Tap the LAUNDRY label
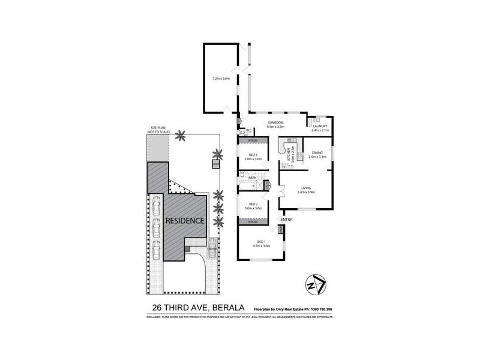(319, 127)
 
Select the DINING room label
(317, 152)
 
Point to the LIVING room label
(307, 188)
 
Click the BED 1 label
(262, 242)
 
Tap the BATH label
(253, 178)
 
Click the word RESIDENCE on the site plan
(185, 220)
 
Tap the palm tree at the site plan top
(179, 136)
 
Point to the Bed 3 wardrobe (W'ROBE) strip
(253, 140)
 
